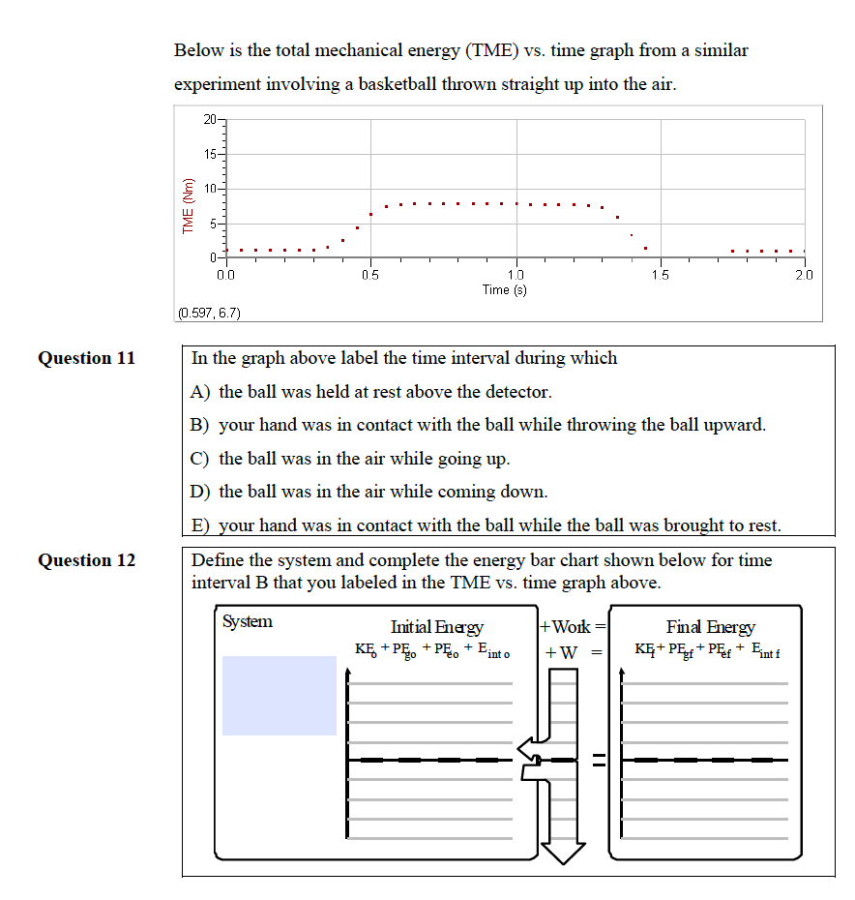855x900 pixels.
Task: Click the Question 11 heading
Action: tap(87, 358)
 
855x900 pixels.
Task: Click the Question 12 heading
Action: tap(87, 560)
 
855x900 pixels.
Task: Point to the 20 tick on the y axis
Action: tap(212, 120)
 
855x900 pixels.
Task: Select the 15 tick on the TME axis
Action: tap(212, 154)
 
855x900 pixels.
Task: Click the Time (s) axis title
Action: tap(505, 289)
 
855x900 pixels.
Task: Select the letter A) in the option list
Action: tap(202, 392)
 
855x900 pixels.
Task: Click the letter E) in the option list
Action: tap(201, 525)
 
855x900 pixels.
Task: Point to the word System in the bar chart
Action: tap(248, 621)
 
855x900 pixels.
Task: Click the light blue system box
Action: tap(280, 695)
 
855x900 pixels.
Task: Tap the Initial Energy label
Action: tap(436, 628)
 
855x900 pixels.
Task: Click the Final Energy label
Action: tap(710, 628)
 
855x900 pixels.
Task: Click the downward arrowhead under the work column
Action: tap(562, 849)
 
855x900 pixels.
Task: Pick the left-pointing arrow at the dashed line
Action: tap(527, 746)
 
